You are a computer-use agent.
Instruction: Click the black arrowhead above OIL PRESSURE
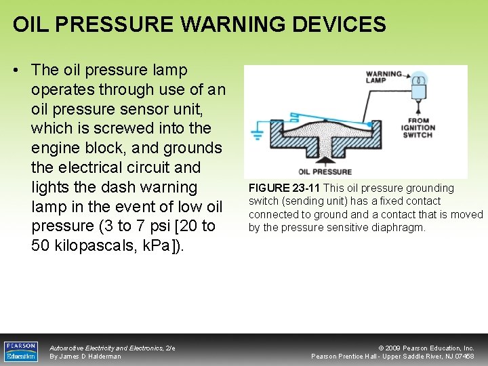click(324, 161)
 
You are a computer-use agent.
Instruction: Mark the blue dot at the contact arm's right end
click(369, 125)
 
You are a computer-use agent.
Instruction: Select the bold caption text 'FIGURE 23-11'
click(284, 188)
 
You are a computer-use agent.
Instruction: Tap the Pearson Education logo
click(21, 350)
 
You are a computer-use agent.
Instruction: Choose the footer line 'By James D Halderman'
click(85, 357)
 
